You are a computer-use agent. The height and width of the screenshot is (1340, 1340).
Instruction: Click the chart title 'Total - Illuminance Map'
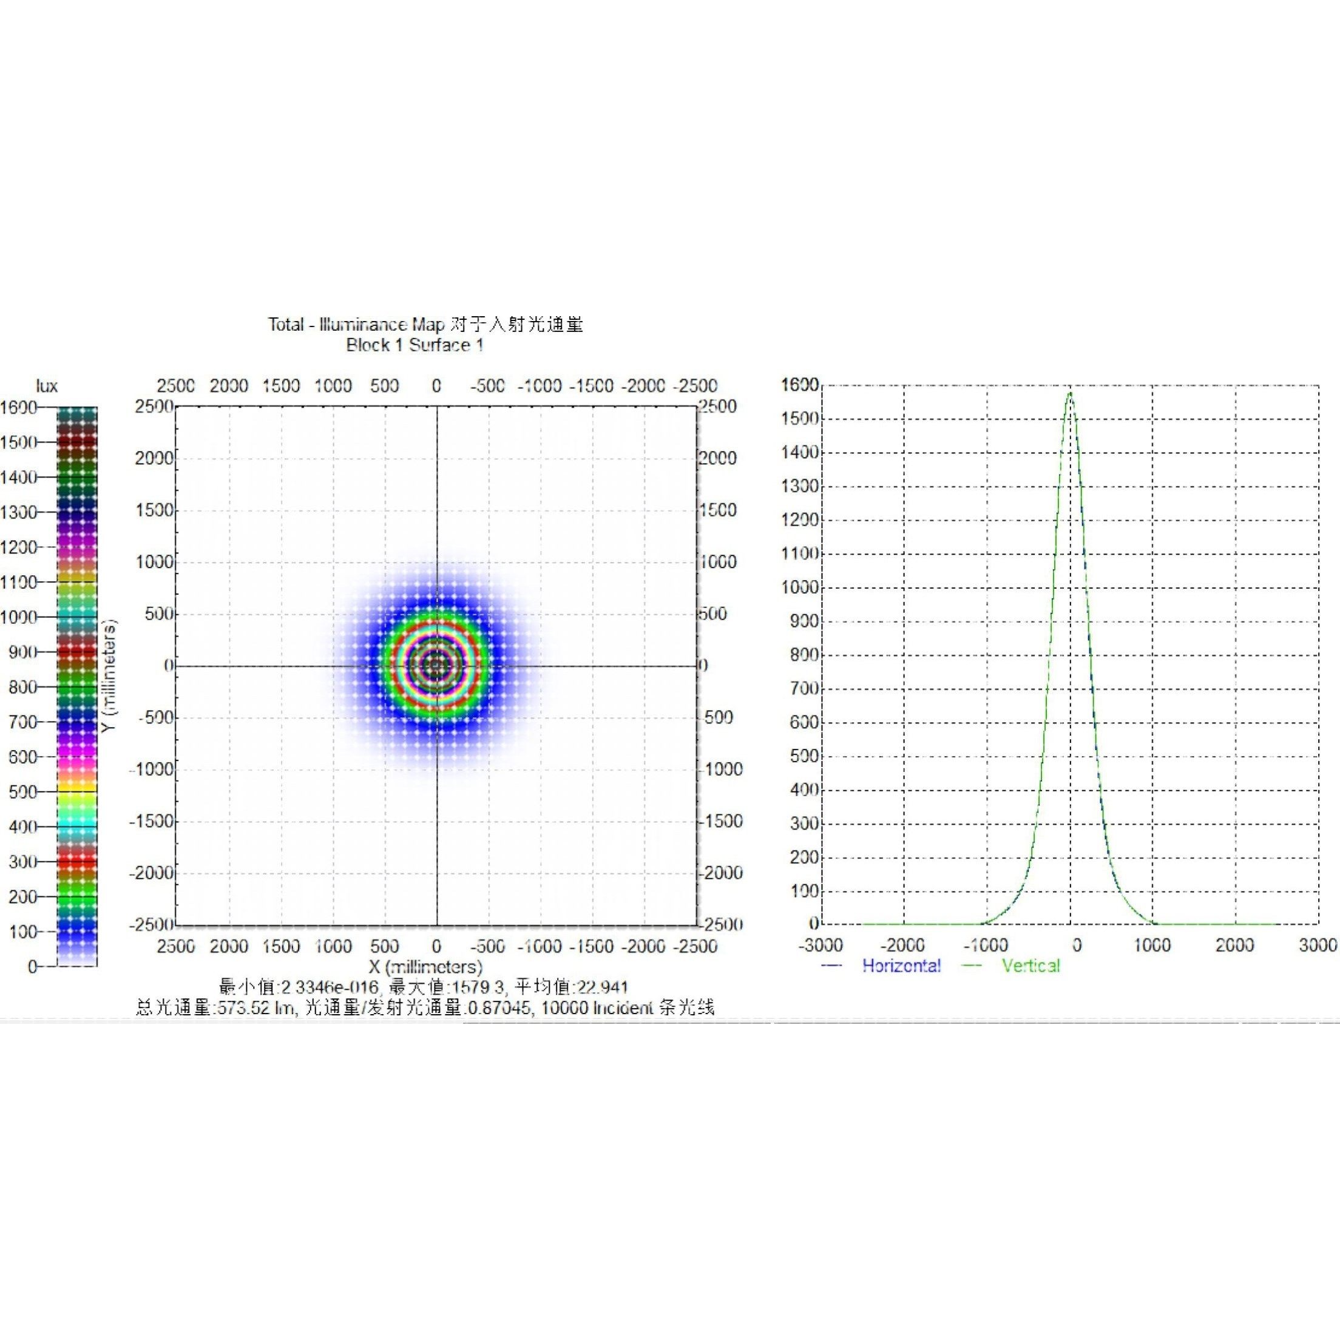pos(356,325)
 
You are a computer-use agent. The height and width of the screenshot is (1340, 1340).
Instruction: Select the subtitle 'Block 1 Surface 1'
pos(415,345)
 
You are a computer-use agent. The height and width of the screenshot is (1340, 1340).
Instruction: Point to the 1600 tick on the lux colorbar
pos(19,407)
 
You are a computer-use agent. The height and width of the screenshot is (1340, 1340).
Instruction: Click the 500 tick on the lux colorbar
pos(22,792)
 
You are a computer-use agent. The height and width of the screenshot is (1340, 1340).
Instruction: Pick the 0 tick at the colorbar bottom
pos(32,967)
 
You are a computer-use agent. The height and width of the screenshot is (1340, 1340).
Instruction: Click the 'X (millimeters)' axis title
pos(425,967)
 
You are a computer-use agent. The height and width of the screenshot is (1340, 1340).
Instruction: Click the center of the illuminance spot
pos(436,666)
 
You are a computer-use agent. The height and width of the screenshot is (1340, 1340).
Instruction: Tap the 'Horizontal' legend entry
pos(901,966)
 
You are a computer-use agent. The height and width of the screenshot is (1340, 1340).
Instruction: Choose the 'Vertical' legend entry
pos(1030,966)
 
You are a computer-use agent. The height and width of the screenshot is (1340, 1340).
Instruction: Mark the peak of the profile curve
pos(1070,393)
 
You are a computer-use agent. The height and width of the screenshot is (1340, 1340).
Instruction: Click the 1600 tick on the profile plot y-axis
pos(800,385)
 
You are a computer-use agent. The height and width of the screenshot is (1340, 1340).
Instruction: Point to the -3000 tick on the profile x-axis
pos(821,946)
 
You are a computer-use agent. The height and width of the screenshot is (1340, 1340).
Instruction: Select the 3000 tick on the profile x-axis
pos(1317,946)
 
